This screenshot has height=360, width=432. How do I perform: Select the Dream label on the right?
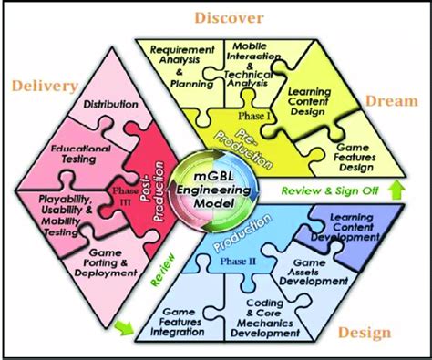coord(389,103)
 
